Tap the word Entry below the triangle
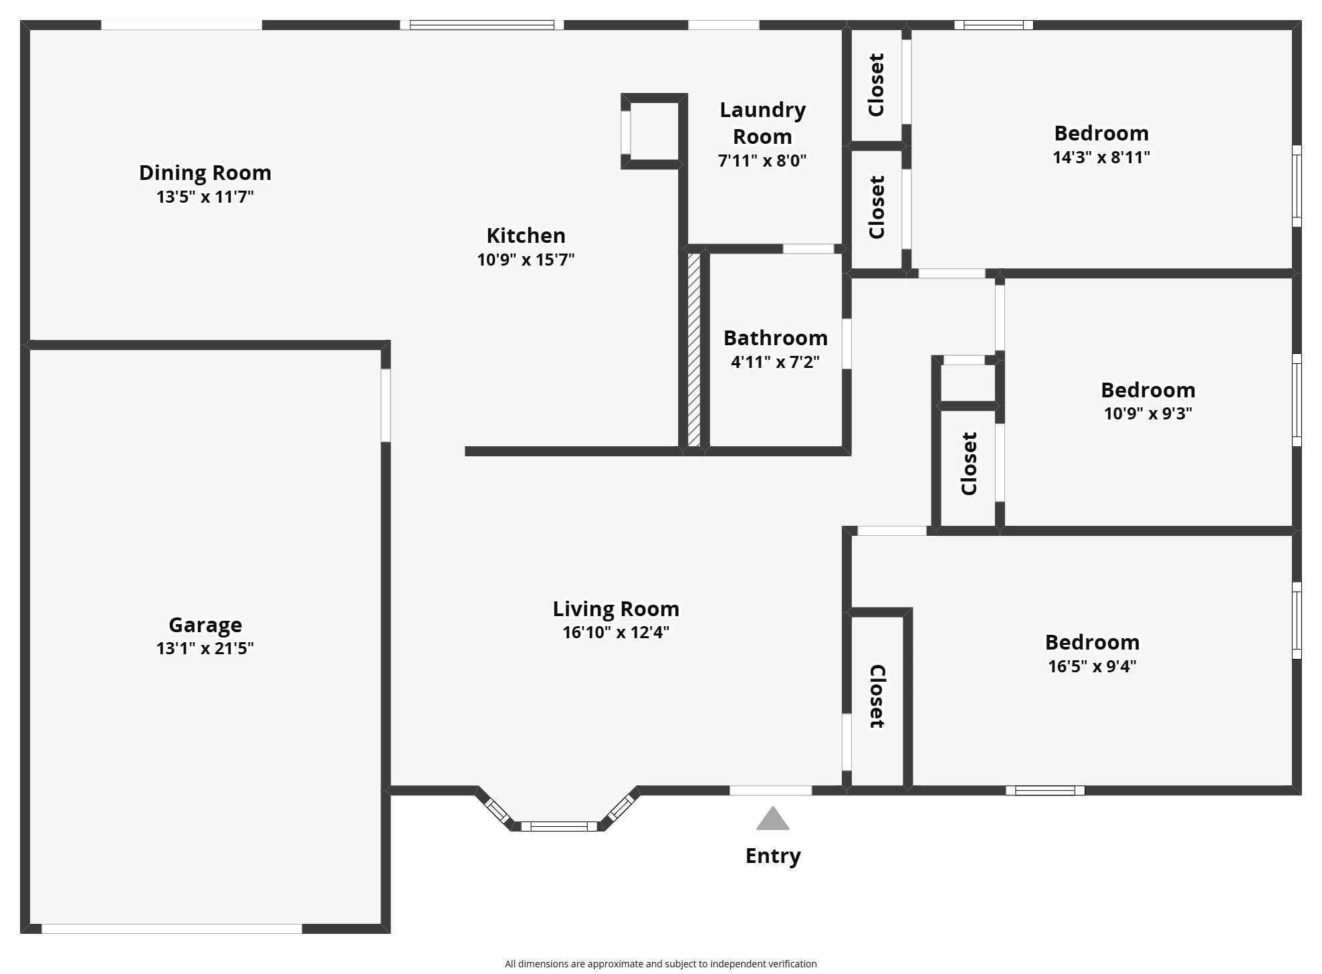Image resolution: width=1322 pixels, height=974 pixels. (772, 856)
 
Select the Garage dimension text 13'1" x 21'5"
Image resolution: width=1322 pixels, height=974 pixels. (205, 648)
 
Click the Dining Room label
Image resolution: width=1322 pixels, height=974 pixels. (205, 173)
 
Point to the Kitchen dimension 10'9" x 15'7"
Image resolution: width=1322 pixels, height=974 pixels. (526, 260)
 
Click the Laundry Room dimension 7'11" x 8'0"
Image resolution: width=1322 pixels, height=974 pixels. (762, 161)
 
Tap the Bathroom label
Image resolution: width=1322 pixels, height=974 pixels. (775, 338)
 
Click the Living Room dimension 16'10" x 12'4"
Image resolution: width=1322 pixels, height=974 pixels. (615, 632)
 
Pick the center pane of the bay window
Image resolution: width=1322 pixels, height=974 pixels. (559, 826)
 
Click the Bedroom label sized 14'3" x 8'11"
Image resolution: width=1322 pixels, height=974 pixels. (1101, 133)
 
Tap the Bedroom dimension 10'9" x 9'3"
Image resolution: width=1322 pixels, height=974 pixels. (1147, 413)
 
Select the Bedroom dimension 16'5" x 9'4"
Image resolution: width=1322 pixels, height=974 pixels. (1091, 666)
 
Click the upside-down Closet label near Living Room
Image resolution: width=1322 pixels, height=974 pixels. (877, 696)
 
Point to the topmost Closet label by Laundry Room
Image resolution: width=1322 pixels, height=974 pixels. (876, 85)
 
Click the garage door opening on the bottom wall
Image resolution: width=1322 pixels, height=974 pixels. (171, 929)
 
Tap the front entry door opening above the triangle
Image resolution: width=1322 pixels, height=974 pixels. (770, 791)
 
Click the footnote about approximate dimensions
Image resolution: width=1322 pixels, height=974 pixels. (660, 964)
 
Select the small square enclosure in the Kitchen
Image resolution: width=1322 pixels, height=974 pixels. (653, 132)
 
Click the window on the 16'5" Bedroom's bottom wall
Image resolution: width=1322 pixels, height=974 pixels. (1044, 791)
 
